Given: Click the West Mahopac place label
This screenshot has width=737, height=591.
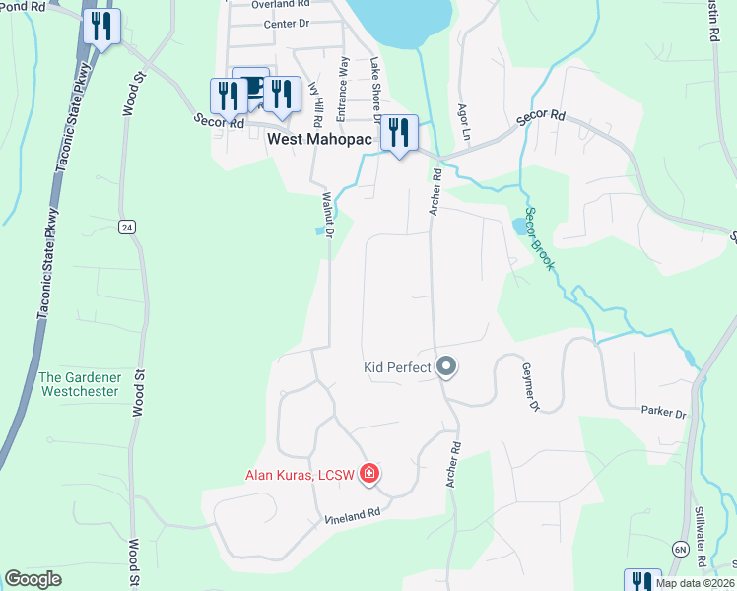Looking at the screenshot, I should coord(320,141).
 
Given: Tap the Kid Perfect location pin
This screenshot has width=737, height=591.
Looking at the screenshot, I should coord(446,367).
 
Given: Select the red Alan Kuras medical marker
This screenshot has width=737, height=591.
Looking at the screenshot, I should coord(369,475).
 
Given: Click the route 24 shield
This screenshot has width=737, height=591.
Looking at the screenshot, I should coord(126,228).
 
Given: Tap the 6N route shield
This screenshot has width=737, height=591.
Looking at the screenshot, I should coord(681,548).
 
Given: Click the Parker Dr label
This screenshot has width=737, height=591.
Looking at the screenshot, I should coord(662,412).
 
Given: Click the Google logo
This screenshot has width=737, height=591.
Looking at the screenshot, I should coord(33,579).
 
